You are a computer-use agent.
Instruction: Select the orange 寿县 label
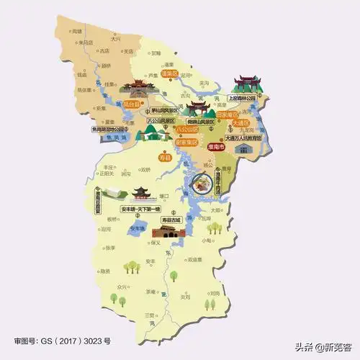click(166, 156)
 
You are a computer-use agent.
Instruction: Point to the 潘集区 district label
click(169, 73)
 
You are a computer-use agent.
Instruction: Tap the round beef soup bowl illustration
click(199, 189)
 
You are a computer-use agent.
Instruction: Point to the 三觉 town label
click(149, 315)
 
